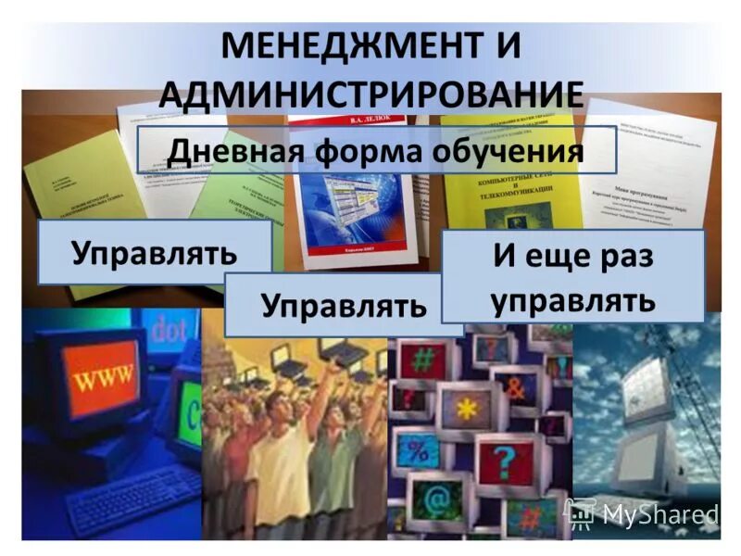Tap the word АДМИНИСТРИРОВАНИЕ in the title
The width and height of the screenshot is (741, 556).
(371, 95)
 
